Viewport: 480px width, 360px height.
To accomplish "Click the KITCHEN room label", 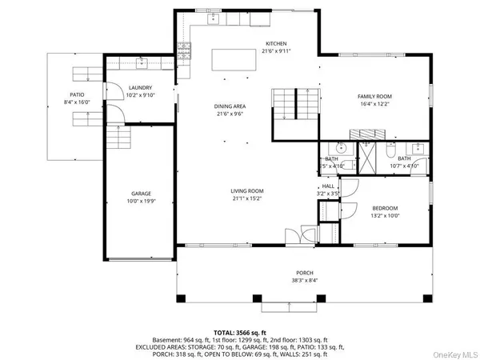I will pyautogui.click(x=276, y=43).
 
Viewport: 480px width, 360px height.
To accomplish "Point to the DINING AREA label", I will pyautogui.click(x=228, y=107).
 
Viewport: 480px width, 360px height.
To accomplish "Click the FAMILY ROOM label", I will pyautogui.click(x=373, y=96).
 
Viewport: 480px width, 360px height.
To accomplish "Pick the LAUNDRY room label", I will pyautogui.click(x=140, y=89).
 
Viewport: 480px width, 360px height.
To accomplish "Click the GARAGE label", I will pyautogui.click(x=142, y=194).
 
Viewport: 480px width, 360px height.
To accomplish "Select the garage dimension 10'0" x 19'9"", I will pyautogui.click(x=142, y=201).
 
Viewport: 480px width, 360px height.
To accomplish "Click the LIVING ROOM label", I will pyautogui.click(x=247, y=190).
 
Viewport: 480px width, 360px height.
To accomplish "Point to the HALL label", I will pyautogui.click(x=328, y=186).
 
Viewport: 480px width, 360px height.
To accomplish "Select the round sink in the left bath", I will pyautogui.click(x=340, y=148).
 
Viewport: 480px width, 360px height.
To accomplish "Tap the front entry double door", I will pyautogui.click(x=296, y=237).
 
